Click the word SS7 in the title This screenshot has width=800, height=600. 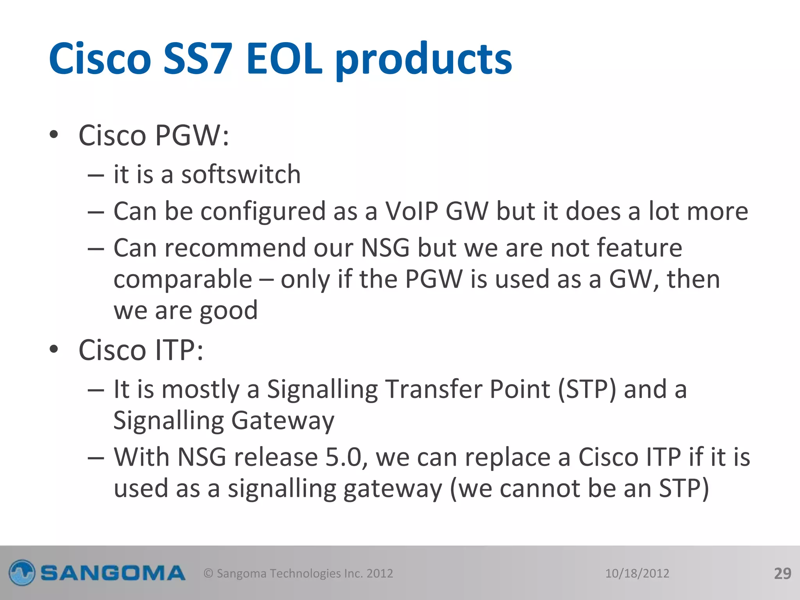pyautogui.click(x=198, y=59)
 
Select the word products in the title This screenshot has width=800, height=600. pyautogui.click(x=423, y=61)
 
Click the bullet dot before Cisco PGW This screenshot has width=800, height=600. pyautogui.click(x=54, y=135)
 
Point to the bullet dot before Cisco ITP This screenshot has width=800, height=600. pyautogui.click(x=54, y=349)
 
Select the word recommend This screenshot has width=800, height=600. pyautogui.click(x=235, y=248)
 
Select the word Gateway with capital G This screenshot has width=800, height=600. pyautogui.click(x=282, y=421)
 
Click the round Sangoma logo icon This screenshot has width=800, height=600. pyautogui.click(x=22, y=573)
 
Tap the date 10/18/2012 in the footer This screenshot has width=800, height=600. pyautogui.click(x=637, y=573)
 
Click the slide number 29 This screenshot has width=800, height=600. pyautogui.click(x=782, y=573)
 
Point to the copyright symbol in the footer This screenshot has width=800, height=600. pyautogui.click(x=209, y=573)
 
